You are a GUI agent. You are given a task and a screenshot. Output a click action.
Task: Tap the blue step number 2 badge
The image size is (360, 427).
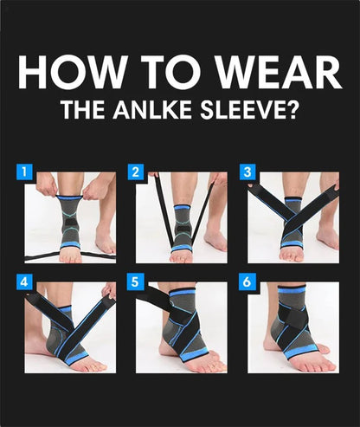[136, 171]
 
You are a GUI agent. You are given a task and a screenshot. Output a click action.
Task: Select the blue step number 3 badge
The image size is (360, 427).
[247, 171]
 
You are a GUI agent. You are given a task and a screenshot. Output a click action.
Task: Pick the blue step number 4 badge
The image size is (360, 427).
[24, 281]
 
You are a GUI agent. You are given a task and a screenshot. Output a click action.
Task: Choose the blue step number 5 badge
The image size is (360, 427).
[136, 281]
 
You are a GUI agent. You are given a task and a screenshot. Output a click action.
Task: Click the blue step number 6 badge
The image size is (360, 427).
[247, 281]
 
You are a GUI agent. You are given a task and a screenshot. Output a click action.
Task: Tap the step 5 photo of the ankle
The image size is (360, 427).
[182, 327]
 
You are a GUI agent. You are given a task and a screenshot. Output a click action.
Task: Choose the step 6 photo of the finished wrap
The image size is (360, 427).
[294, 327]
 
